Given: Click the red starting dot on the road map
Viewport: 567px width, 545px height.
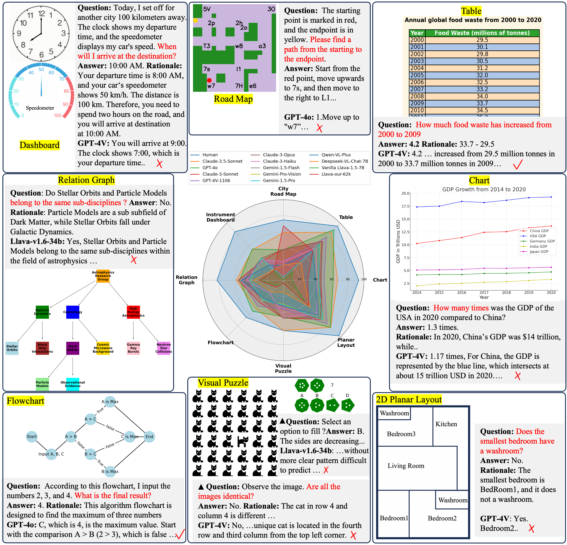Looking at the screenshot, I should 209,80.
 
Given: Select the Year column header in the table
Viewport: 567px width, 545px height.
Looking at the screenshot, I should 417,33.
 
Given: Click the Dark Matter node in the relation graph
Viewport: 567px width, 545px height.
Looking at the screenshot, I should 73,348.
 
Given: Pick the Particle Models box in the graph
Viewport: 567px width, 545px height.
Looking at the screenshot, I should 42,384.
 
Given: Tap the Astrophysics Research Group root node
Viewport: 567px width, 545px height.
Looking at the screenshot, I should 103,276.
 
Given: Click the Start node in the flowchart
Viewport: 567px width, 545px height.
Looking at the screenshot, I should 32,436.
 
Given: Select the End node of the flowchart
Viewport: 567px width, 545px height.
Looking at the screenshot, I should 149,436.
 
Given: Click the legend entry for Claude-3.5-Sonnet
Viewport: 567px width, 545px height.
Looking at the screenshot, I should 222,161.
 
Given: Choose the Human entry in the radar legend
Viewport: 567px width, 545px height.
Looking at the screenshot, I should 210,155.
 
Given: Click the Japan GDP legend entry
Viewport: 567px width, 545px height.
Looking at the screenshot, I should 539,252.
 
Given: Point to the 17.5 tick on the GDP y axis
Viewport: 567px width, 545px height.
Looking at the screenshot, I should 405,206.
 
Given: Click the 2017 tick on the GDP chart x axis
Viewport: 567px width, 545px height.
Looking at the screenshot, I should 484,292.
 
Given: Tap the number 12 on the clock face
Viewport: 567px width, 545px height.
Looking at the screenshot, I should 42,13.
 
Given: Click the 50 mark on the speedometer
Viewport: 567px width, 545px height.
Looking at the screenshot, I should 41,70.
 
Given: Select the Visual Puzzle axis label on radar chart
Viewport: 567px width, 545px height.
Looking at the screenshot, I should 283,368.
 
